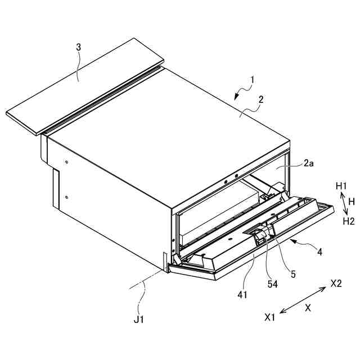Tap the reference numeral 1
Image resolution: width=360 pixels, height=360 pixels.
pyautogui.click(x=252, y=80)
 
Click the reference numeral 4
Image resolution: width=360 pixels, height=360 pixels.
pyautogui.click(x=319, y=252)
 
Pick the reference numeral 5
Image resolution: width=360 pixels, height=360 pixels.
pyautogui.click(x=293, y=274)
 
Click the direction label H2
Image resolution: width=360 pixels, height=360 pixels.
pyautogui.click(x=349, y=221)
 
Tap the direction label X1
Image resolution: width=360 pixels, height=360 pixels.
pyautogui.click(x=270, y=317)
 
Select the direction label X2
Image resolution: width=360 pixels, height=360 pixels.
pyautogui.click(x=336, y=282)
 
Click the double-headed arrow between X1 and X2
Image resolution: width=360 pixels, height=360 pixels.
pyautogui.click(x=303, y=299)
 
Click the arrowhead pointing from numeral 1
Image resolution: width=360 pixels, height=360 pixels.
pyautogui.click(x=237, y=97)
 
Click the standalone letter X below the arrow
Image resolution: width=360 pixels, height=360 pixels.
pyautogui.click(x=308, y=308)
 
